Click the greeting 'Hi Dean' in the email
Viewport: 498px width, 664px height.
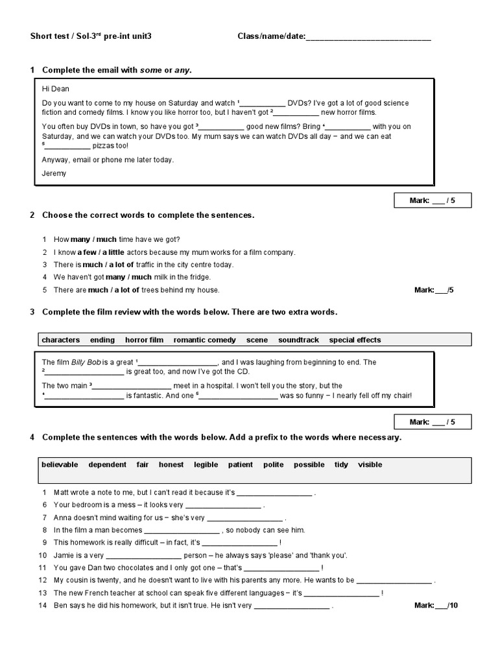[56, 89]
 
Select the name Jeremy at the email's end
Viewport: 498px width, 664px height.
[54, 173]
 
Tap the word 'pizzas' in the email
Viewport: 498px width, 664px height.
[102, 146]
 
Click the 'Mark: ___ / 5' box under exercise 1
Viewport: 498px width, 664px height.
[433, 201]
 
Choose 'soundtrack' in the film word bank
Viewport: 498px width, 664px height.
[299, 340]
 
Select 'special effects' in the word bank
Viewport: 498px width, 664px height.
[355, 340]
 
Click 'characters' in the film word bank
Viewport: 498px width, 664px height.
[61, 340]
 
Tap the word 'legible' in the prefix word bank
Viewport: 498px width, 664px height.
[205, 464]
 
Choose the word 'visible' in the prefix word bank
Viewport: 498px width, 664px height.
[370, 464]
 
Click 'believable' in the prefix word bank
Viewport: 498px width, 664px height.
[60, 464]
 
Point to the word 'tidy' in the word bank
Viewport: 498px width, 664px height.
[341, 464]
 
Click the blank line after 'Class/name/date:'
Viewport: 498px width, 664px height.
[368, 37]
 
